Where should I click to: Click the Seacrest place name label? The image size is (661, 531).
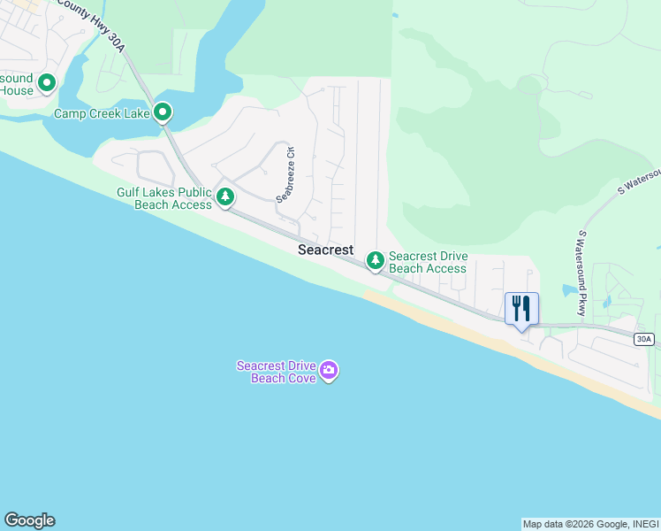(325, 250)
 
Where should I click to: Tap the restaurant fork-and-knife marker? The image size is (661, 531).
(521, 309)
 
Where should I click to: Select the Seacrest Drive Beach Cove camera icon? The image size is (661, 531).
(329, 371)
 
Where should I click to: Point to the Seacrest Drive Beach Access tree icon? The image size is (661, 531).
(376, 260)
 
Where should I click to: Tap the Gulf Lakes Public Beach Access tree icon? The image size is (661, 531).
(225, 196)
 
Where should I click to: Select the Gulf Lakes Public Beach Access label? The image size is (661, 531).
(164, 198)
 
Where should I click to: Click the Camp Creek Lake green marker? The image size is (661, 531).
(163, 112)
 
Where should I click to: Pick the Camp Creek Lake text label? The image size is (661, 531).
(101, 114)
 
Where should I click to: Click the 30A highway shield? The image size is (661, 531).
(644, 339)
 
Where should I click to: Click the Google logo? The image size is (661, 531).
(29, 520)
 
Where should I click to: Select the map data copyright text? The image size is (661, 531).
(590, 524)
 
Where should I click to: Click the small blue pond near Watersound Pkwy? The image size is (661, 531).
(568, 290)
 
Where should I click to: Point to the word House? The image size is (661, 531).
(17, 90)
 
